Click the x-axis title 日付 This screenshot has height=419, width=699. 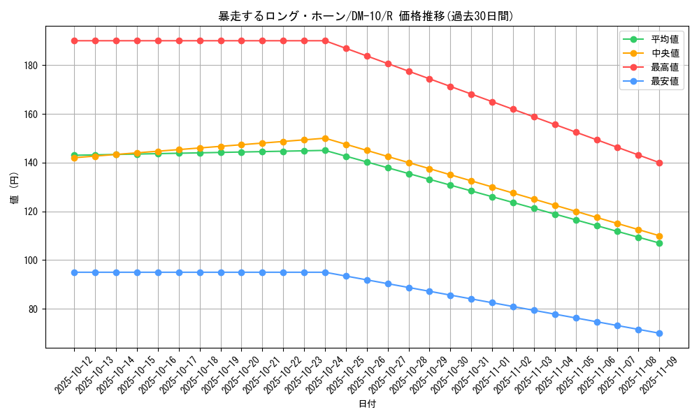tap(367, 404)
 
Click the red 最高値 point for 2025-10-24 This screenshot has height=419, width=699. tap(325, 41)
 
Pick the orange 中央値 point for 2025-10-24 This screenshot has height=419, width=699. tap(325, 138)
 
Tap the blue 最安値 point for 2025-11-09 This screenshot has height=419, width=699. tap(659, 333)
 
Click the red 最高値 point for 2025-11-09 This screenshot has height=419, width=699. tap(659, 163)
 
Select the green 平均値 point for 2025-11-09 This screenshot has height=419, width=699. tap(659, 243)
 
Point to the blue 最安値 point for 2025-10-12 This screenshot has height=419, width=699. tap(74, 272)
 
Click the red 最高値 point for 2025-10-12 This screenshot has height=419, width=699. tap(74, 41)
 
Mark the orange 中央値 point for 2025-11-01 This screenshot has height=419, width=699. tap(492, 187)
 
